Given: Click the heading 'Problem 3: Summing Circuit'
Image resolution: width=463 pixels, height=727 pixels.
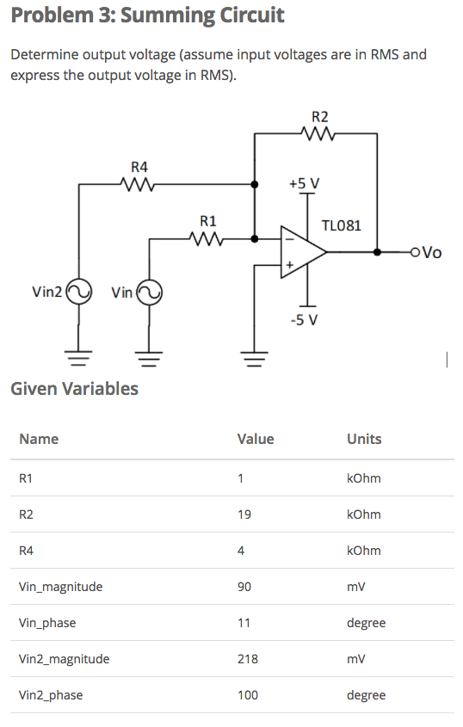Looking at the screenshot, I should tap(147, 15).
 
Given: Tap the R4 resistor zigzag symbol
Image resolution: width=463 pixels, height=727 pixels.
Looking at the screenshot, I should tap(139, 183).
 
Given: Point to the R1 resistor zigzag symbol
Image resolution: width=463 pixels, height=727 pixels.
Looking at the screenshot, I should tap(208, 239).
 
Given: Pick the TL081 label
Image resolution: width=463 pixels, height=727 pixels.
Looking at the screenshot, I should tap(341, 225).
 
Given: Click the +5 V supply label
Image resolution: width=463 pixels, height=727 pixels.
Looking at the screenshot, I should tap(304, 183).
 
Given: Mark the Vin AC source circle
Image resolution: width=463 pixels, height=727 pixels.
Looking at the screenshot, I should tap(149, 293).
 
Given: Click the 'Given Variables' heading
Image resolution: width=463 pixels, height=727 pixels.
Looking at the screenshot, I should tap(74, 388).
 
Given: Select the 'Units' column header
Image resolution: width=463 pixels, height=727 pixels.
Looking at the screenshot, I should tap(363, 439).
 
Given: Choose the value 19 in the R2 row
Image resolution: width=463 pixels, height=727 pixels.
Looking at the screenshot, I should tap(244, 514).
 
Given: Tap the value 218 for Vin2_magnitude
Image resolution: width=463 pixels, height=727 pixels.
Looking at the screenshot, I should tap(248, 659).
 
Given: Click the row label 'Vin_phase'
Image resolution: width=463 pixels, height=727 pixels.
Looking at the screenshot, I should tap(47, 623).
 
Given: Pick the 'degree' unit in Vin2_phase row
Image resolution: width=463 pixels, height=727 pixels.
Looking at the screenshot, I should tap(366, 695).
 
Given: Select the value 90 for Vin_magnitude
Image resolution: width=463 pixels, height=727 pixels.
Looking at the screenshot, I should tap(244, 587).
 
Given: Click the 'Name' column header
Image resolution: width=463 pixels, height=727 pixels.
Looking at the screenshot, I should tap(39, 439).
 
